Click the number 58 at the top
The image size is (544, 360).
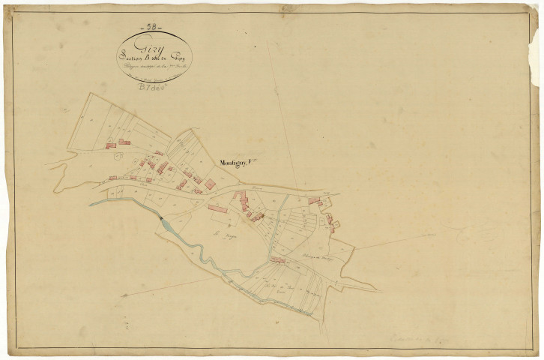pyautogui.click(x=154, y=27)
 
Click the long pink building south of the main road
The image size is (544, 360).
pyautogui.click(x=217, y=208)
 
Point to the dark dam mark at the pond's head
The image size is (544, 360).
pyautogui.click(x=160, y=218)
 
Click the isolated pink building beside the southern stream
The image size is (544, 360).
pyautogui.click(x=279, y=261)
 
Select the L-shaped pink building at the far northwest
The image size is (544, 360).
pyautogui.click(x=124, y=141)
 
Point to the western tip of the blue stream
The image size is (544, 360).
pyautogui.click(x=91, y=204)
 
